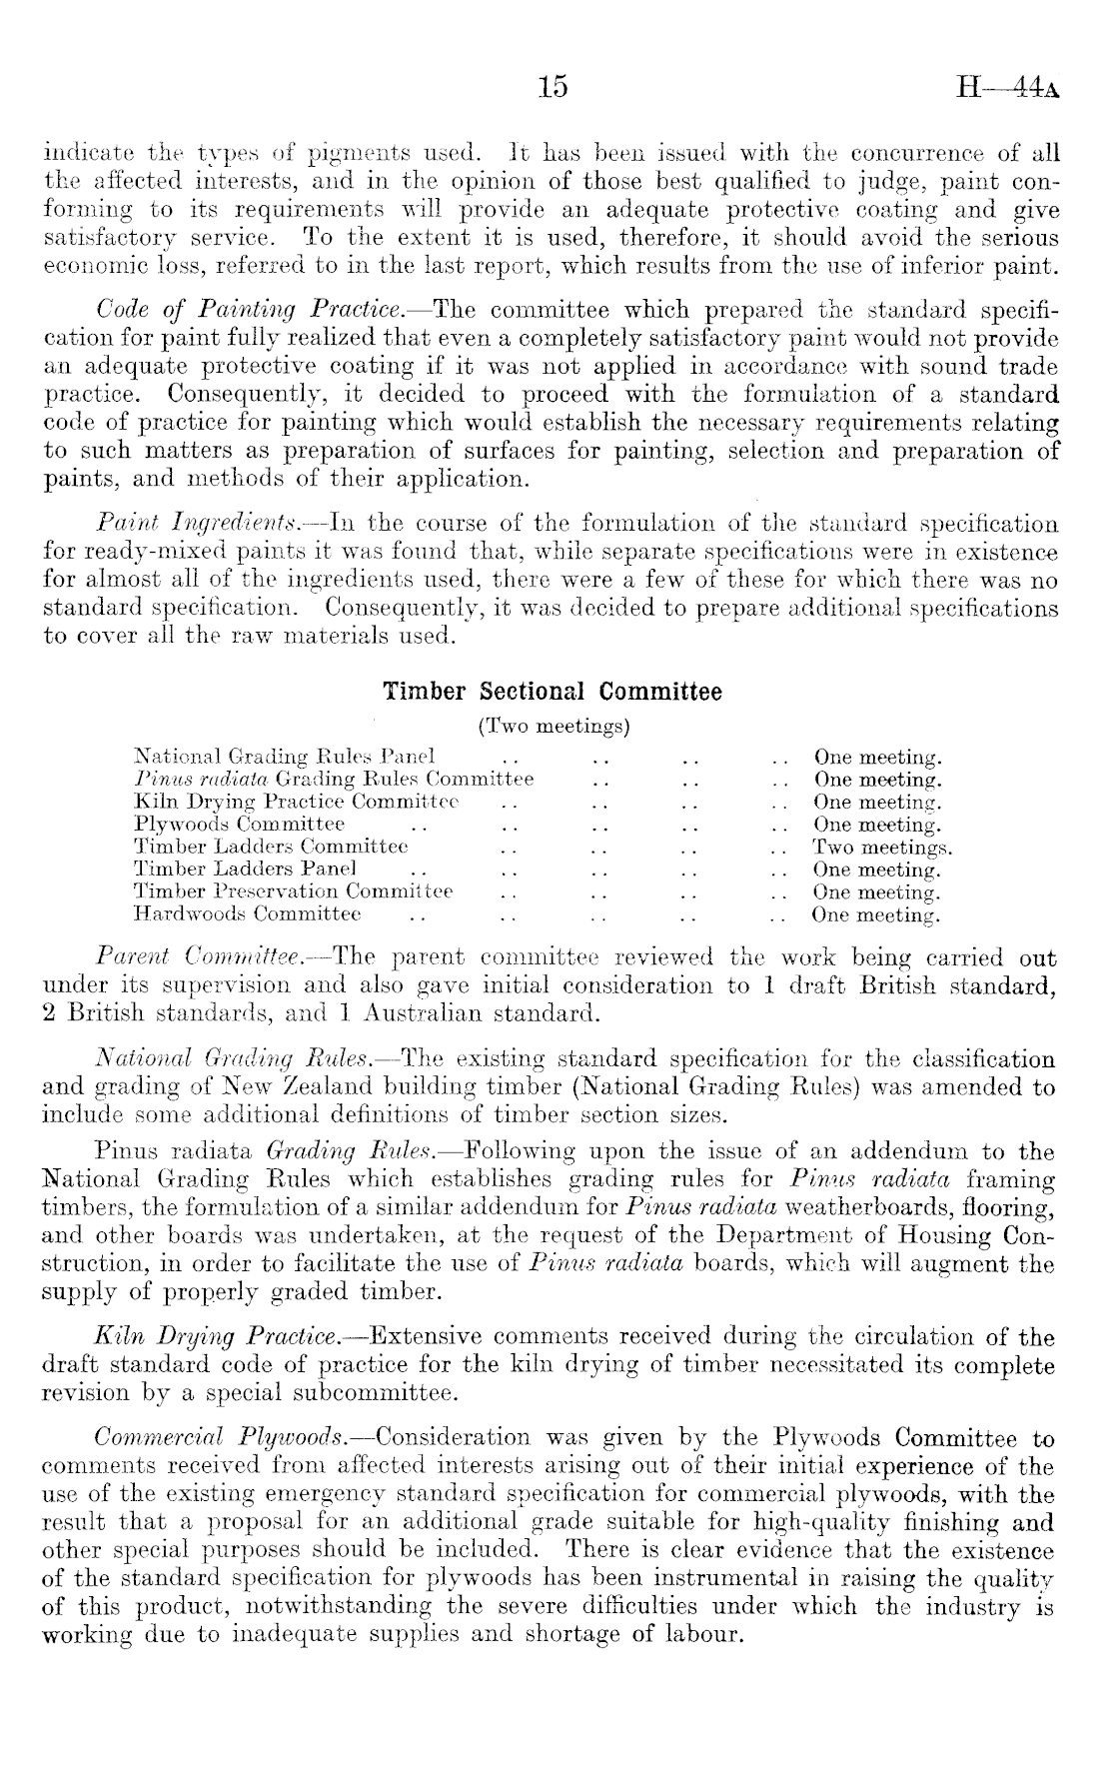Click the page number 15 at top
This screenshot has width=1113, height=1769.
(552, 87)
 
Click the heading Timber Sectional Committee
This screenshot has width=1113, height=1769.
(552, 693)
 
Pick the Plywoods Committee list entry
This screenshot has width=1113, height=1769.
(239, 825)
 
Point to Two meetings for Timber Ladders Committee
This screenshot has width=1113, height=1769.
(882, 848)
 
